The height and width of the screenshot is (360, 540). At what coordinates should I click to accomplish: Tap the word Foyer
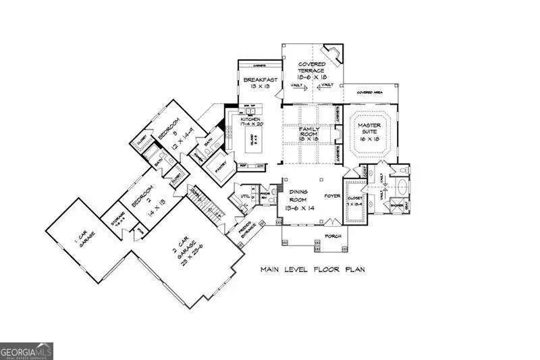[331, 197]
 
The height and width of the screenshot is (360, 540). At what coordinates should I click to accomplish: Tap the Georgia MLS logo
[26, 351]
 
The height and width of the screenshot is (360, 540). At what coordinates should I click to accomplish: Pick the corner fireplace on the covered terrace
[331, 54]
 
